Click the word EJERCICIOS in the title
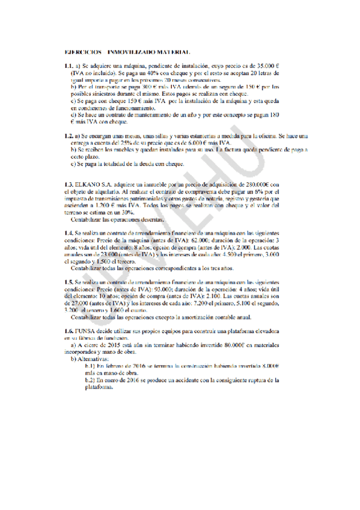pyautogui.click(x=82, y=53)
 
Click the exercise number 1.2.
pyautogui.click(x=69, y=137)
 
